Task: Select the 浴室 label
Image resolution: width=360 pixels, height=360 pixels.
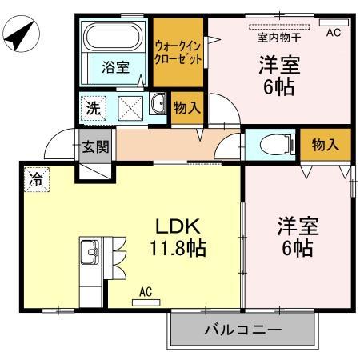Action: [x=115, y=68]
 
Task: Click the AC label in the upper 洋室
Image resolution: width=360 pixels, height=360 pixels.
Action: [x=334, y=32]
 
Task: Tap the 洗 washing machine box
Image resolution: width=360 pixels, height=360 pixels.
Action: [x=94, y=107]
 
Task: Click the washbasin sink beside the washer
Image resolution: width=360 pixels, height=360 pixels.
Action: [x=157, y=104]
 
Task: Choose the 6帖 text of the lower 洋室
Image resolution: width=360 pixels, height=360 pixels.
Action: [x=295, y=247]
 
